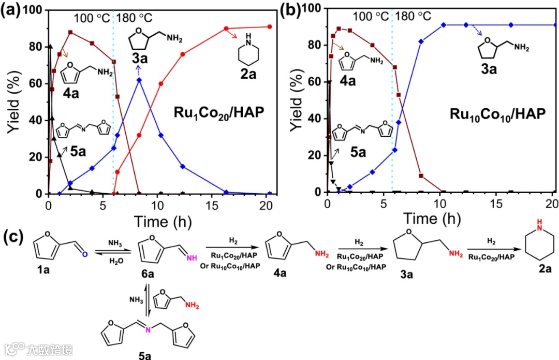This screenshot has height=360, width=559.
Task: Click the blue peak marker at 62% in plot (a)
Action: click(x=139, y=80)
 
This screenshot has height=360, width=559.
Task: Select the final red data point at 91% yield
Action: click(x=270, y=26)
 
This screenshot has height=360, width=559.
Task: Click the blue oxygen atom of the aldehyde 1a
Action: click(x=85, y=254)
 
